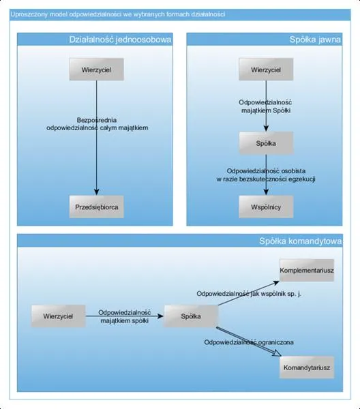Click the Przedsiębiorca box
(x=97, y=207)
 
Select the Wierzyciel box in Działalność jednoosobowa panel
(x=97, y=70)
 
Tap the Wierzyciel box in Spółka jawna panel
(x=266, y=70)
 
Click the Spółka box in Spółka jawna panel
(x=266, y=143)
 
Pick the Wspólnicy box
(x=266, y=207)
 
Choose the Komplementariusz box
(x=307, y=270)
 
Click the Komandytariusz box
(x=307, y=367)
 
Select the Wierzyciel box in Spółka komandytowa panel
(x=58, y=316)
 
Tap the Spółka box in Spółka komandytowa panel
(x=191, y=316)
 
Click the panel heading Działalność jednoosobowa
(x=120, y=40)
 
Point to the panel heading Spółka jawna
(x=315, y=40)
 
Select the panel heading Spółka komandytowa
(x=300, y=241)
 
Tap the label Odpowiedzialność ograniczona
(x=249, y=342)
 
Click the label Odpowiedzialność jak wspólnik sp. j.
(x=249, y=294)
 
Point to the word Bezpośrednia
(x=97, y=120)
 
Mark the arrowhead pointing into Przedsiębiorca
(x=97, y=192)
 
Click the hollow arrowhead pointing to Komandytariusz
(x=277, y=354)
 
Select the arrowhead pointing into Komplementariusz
(x=276, y=283)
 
